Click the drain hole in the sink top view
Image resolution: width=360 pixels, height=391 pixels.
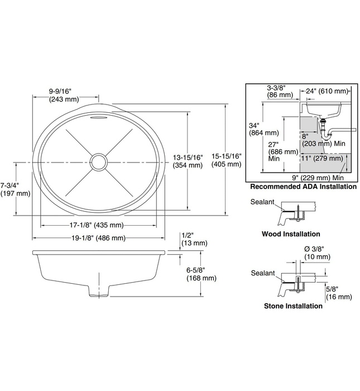(99, 162)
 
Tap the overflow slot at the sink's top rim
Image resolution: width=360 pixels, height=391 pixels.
(98, 118)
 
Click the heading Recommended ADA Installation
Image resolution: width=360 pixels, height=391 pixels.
(303, 187)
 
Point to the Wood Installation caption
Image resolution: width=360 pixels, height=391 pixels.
(291, 234)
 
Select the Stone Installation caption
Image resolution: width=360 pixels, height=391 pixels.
(292, 306)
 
